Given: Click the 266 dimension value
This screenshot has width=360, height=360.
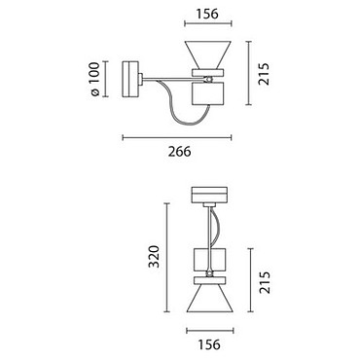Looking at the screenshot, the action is pyautogui.click(x=179, y=152).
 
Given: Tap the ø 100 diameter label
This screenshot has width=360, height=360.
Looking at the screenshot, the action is pyautogui.click(x=94, y=79).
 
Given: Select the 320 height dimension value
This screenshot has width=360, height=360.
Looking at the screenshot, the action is pyautogui.click(x=154, y=257).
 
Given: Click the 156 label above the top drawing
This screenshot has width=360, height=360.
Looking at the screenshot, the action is pyautogui.click(x=207, y=14).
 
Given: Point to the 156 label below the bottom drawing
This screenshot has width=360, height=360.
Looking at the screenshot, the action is pyautogui.click(x=209, y=344).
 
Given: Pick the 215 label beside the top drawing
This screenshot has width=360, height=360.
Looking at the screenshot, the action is pyautogui.click(x=264, y=74).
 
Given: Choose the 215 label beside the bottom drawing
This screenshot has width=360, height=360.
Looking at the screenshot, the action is pyautogui.click(x=264, y=282).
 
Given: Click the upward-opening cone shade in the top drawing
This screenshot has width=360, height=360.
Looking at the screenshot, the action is pyautogui.click(x=207, y=54).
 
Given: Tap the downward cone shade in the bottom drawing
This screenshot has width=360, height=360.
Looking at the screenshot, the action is pyautogui.click(x=210, y=299).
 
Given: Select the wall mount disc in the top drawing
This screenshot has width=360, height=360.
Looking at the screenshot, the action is pyautogui.click(x=130, y=79).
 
